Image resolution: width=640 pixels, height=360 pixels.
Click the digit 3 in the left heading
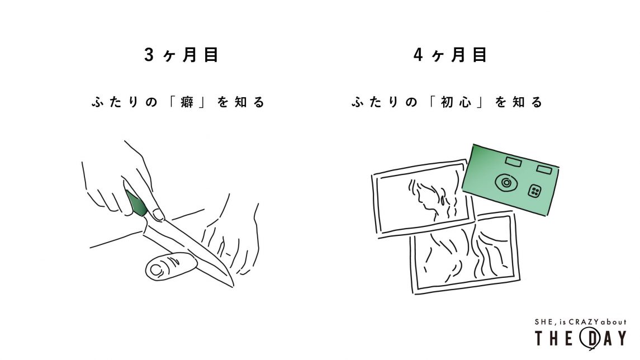(x=149, y=55)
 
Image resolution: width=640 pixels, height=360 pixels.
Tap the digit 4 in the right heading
(x=418, y=55)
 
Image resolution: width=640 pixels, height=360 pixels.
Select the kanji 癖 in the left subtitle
(x=187, y=102)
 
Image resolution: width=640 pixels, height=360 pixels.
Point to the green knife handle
(x=136, y=203)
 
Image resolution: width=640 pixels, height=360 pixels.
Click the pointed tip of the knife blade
(x=233, y=287)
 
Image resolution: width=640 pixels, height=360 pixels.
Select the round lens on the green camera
(x=506, y=182)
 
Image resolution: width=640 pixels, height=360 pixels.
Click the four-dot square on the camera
(x=534, y=191)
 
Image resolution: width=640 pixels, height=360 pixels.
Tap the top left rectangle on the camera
(x=514, y=162)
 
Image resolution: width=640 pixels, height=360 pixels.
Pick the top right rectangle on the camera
(x=544, y=169)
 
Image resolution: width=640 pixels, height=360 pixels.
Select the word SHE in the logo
(x=543, y=322)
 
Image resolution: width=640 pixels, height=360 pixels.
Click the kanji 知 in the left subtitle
(x=240, y=102)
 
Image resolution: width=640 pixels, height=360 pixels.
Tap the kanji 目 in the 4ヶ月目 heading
(x=480, y=55)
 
